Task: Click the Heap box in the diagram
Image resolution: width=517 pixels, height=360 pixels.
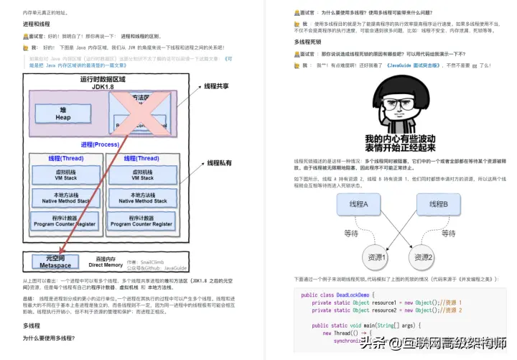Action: (63, 114)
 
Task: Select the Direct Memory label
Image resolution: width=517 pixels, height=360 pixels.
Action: (106, 262)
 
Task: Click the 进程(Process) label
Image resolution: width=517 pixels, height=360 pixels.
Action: (100, 144)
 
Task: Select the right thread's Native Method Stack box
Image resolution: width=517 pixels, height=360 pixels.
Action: (142, 198)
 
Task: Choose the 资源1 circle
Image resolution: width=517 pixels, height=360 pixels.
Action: (376, 257)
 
